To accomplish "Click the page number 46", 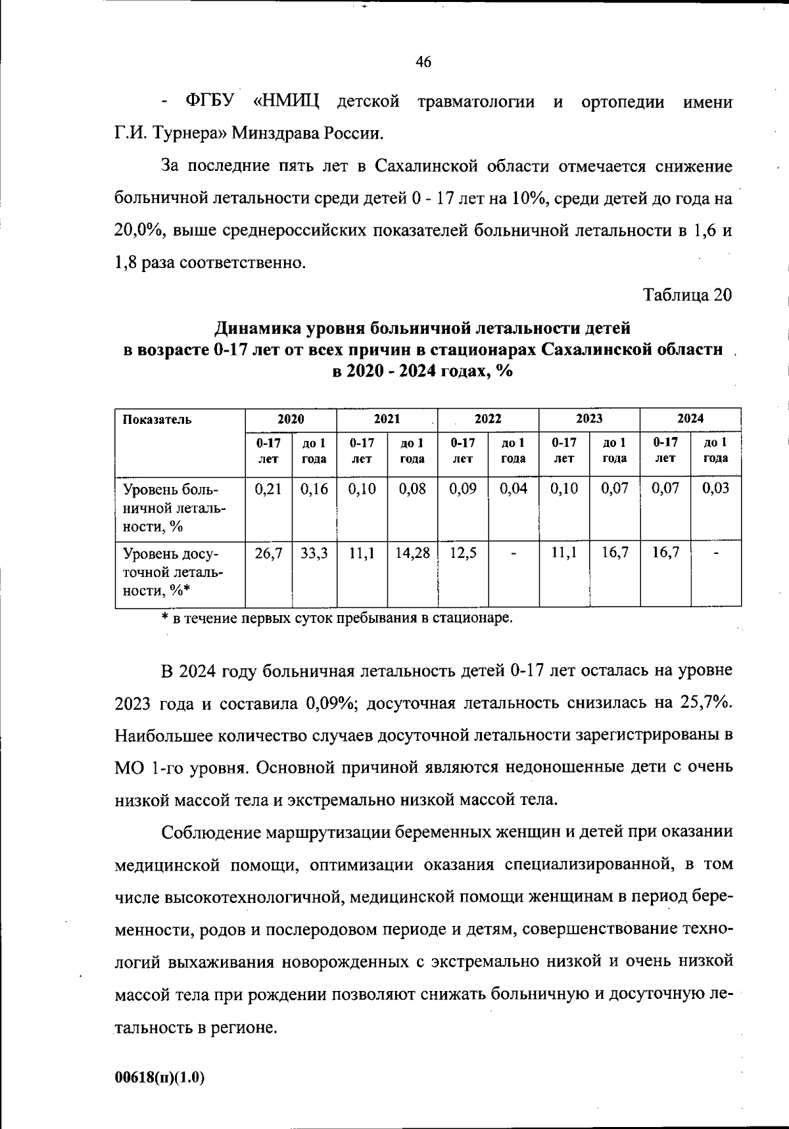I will tap(423, 62).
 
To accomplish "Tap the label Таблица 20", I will tap(687, 295).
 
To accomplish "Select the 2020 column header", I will tap(291, 419).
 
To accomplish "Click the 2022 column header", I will tap(488, 419).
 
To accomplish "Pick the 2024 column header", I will tap(690, 419).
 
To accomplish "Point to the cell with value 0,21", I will tap(268, 489).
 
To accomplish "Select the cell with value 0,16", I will tap(314, 489).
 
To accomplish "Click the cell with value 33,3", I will tap(314, 553).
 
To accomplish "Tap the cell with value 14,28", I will tap(412, 553).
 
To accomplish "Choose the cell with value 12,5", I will tap(463, 553).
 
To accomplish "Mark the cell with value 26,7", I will tap(268, 553).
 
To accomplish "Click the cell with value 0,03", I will tap(715, 489).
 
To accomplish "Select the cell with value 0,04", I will tap(514, 489).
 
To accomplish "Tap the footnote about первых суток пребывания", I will tap(337, 618).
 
